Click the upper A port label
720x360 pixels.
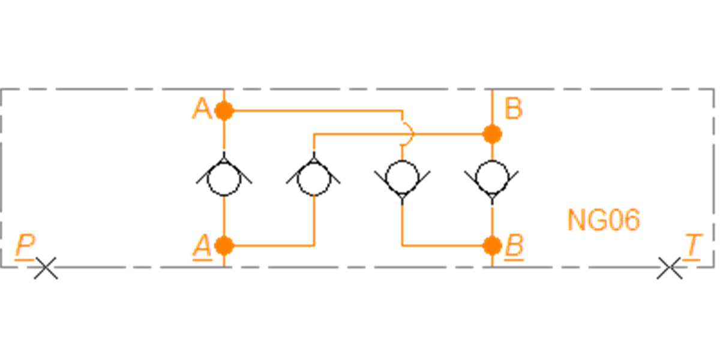pyautogui.click(x=202, y=109)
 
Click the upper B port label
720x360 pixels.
pyautogui.click(x=514, y=109)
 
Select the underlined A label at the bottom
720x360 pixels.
pyautogui.click(x=202, y=246)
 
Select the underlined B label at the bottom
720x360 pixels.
pyautogui.click(x=514, y=246)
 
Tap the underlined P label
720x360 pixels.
pyautogui.click(x=25, y=246)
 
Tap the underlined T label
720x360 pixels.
pyautogui.click(x=692, y=246)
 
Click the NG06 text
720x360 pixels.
pyautogui.click(x=604, y=220)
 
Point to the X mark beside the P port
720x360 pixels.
pyautogui.click(x=46, y=268)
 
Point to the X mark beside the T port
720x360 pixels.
pyautogui.click(x=669, y=268)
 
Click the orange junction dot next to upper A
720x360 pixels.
pyautogui.click(x=224, y=110)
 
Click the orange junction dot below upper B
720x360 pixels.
pyautogui.click(x=492, y=134)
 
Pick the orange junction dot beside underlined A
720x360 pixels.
pyautogui.click(x=224, y=245)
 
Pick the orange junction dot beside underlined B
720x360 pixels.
pyautogui.click(x=492, y=245)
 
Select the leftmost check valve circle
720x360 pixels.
pyautogui.click(x=224, y=195)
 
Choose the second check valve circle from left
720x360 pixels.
pyautogui.click(x=314, y=195)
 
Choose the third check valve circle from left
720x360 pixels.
pyautogui.click(x=402, y=160)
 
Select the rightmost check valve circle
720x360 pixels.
pyautogui.click(x=492, y=160)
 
